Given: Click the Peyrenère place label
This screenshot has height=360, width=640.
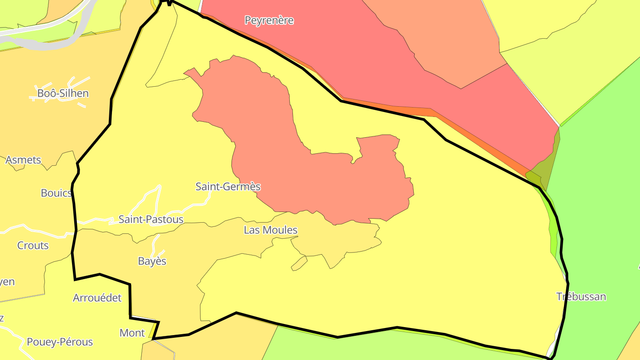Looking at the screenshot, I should [x=269, y=20].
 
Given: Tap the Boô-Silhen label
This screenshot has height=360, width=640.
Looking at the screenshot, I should [x=63, y=93].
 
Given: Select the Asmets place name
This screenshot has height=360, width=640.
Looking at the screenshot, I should [x=23, y=160].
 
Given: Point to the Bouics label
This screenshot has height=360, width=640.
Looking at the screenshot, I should [x=56, y=193].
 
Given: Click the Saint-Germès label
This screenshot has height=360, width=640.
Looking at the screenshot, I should [x=228, y=187].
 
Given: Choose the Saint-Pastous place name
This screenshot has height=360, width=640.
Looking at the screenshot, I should [x=151, y=220].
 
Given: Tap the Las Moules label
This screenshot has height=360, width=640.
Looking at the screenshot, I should [x=270, y=230].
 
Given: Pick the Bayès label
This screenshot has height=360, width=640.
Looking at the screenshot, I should [x=152, y=261].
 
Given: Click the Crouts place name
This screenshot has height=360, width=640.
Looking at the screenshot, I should [x=33, y=245].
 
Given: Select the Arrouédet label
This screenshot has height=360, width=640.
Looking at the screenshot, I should [x=97, y=298].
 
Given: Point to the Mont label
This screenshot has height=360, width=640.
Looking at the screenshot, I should [x=132, y=333].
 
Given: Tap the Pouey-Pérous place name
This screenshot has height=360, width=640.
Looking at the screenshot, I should [x=60, y=342].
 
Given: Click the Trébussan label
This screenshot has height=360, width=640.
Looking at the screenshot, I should [x=581, y=297].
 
